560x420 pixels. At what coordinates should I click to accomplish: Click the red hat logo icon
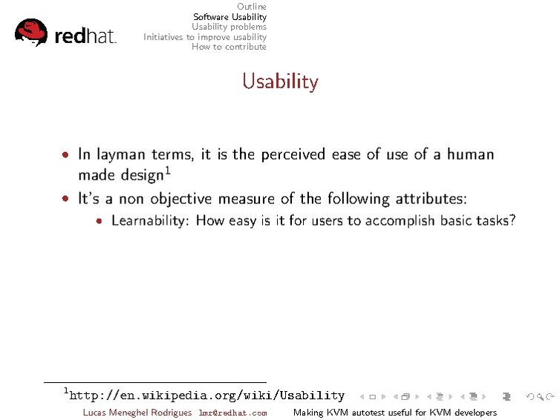pos(30,33)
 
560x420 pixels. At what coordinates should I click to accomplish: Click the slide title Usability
pos(280,81)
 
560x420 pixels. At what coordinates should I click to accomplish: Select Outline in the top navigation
pos(251,7)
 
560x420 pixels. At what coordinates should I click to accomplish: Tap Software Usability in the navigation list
pos(229,17)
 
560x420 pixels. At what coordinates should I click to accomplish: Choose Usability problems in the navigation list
pos(229,27)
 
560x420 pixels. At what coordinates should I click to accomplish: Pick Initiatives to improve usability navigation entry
pos(205,37)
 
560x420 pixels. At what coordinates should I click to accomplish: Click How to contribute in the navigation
pos(229,47)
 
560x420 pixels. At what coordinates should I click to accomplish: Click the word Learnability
pos(151,221)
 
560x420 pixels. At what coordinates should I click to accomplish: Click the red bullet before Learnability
pos(100,221)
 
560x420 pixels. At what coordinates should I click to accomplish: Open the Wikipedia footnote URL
pos(206,396)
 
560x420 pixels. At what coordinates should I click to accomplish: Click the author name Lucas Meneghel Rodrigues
pos(137,413)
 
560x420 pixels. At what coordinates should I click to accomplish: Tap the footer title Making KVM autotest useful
pos(394,413)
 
